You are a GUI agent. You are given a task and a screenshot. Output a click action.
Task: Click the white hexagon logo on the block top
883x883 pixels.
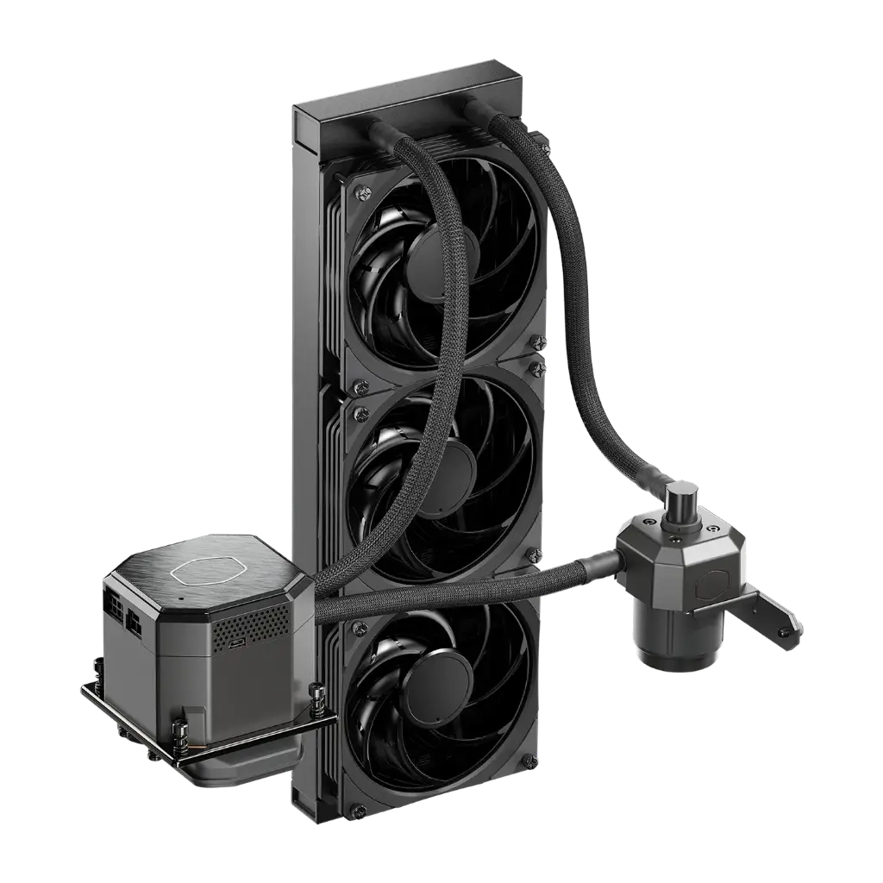[200, 570]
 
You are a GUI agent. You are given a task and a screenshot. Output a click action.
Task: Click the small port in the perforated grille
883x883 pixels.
[235, 642]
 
